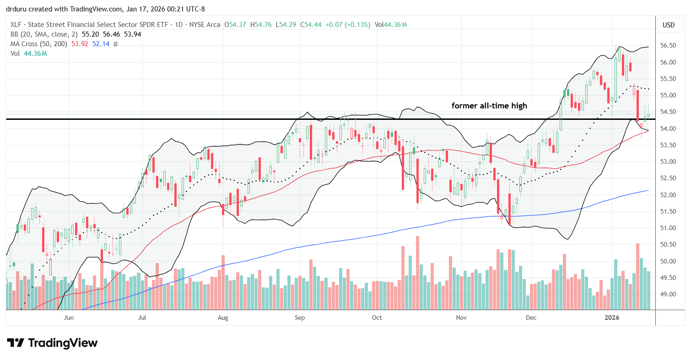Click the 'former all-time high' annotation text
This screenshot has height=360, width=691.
(x=489, y=106)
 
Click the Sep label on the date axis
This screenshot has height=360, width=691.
(x=299, y=317)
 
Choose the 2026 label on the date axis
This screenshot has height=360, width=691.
(x=611, y=317)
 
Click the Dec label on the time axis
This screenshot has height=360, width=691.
(x=531, y=317)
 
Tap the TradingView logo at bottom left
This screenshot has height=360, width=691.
(x=52, y=343)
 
